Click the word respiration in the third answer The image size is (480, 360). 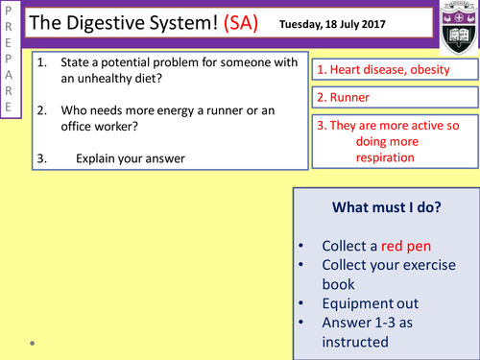pos(381,157)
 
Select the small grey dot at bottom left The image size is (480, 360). pos(32,341)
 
